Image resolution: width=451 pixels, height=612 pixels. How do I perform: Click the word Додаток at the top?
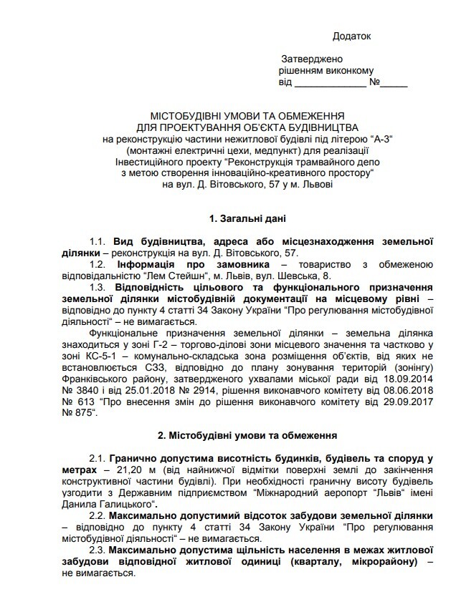tap(352, 36)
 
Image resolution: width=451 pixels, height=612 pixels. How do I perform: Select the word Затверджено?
tap(311, 59)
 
